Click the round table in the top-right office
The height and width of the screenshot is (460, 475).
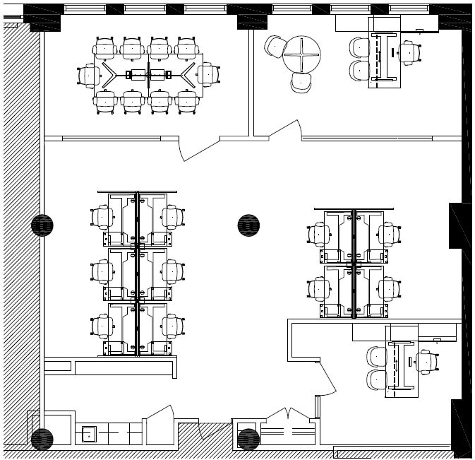coord(301,54)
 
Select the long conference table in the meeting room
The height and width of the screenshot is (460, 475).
coord(148,75)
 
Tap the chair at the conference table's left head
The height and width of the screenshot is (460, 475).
coord(90,75)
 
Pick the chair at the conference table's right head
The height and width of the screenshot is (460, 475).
coord(208,74)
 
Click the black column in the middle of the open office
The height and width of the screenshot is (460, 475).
coord(248,225)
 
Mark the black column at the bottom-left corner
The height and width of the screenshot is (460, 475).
coord(42,439)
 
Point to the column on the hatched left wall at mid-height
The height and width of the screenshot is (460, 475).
coord(42,225)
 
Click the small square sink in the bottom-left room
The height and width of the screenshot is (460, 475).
coord(89,433)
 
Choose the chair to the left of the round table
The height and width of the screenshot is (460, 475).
coord(275,47)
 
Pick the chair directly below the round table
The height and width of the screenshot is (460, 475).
coord(301,83)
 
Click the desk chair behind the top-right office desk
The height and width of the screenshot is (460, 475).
coord(407,52)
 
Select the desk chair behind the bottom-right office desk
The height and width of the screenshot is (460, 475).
coord(426,361)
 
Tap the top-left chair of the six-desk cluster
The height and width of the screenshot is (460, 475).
coord(103,216)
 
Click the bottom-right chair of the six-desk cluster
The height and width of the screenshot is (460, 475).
coord(172,325)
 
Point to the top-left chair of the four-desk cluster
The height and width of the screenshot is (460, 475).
coord(319,234)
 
